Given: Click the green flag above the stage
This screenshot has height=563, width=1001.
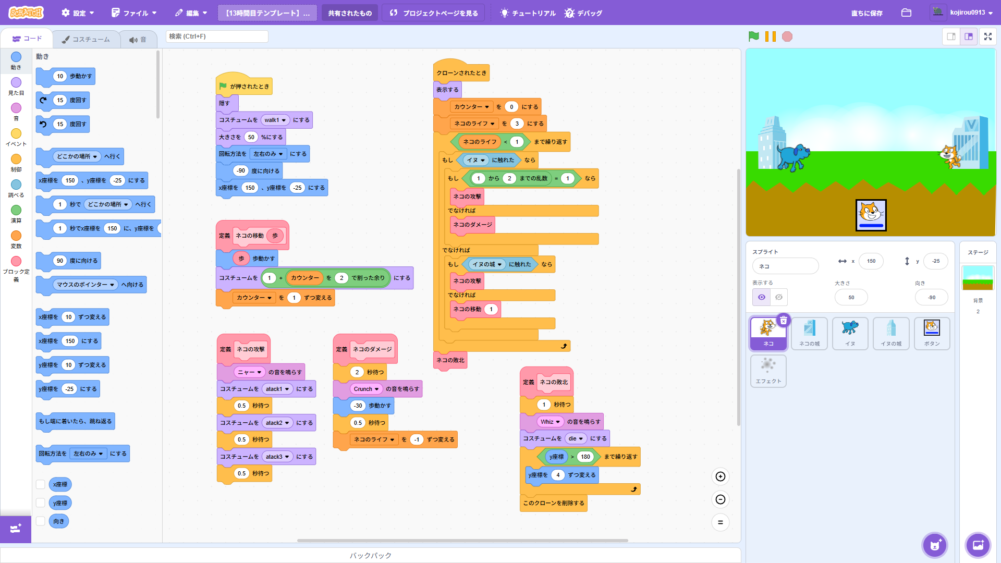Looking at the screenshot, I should pyautogui.click(x=753, y=36).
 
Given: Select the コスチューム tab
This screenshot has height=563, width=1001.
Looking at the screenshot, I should pyautogui.click(x=86, y=39).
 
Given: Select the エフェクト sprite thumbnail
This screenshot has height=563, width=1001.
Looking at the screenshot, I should pyautogui.click(x=768, y=371).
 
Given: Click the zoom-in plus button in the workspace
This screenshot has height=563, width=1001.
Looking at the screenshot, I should pyautogui.click(x=721, y=476).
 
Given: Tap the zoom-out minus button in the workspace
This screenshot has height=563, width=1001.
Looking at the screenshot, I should pyautogui.click(x=721, y=499).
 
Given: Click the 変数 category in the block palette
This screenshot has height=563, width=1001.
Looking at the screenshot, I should pyautogui.click(x=16, y=239).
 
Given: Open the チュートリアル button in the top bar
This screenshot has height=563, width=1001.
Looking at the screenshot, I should pyautogui.click(x=528, y=13).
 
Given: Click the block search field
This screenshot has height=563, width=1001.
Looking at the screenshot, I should pyautogui.click(x=217, y=36).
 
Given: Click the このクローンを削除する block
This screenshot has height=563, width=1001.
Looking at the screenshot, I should pyautogui.click(x=553, y=503).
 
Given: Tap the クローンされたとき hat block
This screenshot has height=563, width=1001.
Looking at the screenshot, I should pyautogui.click(x=461, y=73).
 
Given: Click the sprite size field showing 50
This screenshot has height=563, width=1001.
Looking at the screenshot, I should pyautogui.click(x=851, y=298).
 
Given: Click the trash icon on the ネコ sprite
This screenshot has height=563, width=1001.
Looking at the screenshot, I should pyautogui.click(x=783, y=321).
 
